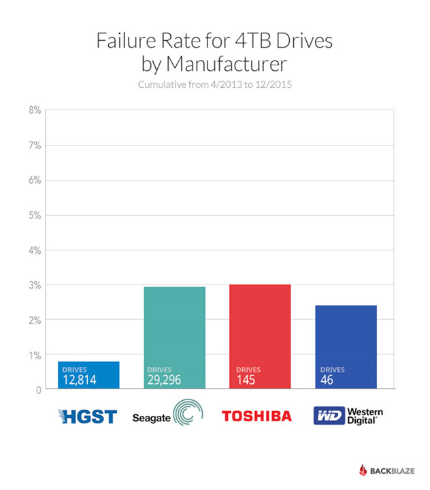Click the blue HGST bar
click(x=89, y=375)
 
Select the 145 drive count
click(x=246, y=380)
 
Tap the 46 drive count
click(x=327, y=380)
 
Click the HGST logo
click(x=88, y=416)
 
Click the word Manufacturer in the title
click(x=234, y=65)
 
